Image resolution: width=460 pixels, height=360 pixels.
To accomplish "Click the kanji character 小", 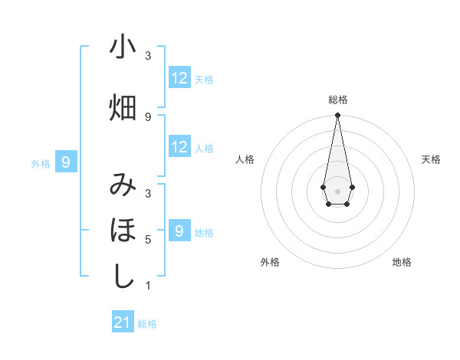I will (123, 47).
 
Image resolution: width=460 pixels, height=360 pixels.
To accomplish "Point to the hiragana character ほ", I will (123, 230).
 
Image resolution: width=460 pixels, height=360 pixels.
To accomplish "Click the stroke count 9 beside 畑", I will (148, 117).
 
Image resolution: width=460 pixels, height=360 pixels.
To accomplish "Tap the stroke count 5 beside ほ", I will (148, 240).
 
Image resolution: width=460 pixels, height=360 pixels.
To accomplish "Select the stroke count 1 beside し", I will (148, 286).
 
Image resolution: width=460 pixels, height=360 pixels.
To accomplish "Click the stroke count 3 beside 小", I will (148, 56).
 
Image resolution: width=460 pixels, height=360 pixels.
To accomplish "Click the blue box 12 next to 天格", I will (179, 77).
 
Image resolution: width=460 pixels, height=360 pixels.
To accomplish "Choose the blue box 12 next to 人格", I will (179, 147).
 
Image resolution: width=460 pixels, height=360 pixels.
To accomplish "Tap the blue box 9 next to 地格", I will (179, 231).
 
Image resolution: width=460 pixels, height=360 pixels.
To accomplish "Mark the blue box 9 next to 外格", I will (67, 162).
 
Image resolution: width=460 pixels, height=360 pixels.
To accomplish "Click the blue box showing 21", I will (123, 322).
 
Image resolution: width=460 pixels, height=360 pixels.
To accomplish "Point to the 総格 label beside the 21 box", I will (147, 324).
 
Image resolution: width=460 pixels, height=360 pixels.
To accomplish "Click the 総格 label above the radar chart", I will (338, 100).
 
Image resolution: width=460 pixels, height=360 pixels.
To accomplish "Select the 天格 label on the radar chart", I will (432, 159).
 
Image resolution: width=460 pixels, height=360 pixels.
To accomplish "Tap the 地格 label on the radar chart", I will (402, 262).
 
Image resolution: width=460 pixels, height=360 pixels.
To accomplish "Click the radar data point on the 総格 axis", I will (337, 116).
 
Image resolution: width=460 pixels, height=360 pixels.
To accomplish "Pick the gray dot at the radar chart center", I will (337, 190).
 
